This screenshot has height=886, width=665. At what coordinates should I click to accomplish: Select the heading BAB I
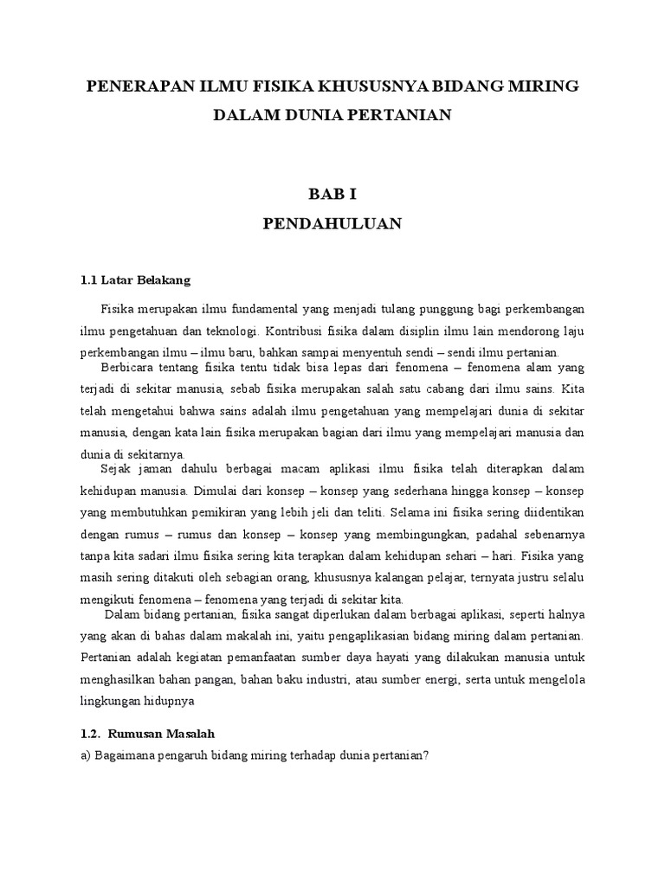point(332,195)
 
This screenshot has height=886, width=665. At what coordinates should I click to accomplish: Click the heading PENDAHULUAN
point(332,223)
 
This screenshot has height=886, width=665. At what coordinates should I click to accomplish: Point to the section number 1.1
point(88,280)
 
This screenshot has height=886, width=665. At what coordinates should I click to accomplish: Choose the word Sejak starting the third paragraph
point(117,468)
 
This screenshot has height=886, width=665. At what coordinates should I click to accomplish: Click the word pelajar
point(449,577)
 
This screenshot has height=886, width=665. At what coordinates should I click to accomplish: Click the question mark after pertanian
point(428,754)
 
